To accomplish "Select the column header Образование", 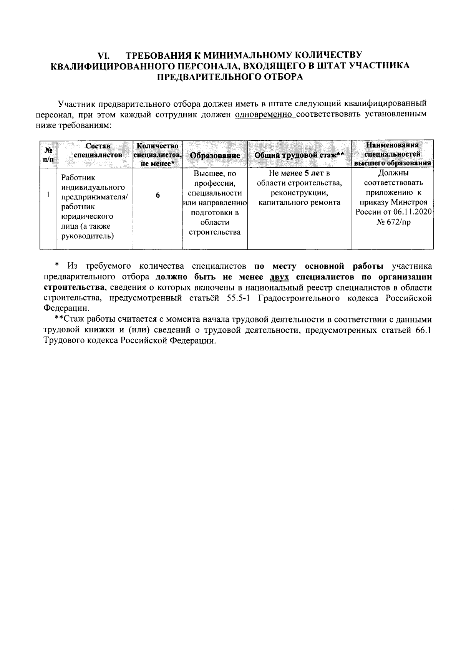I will click(215, 155).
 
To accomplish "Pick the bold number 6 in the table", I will click(158, 195).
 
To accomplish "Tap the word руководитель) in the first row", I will click(88, 236).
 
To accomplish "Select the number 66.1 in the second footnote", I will click(423, 330).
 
